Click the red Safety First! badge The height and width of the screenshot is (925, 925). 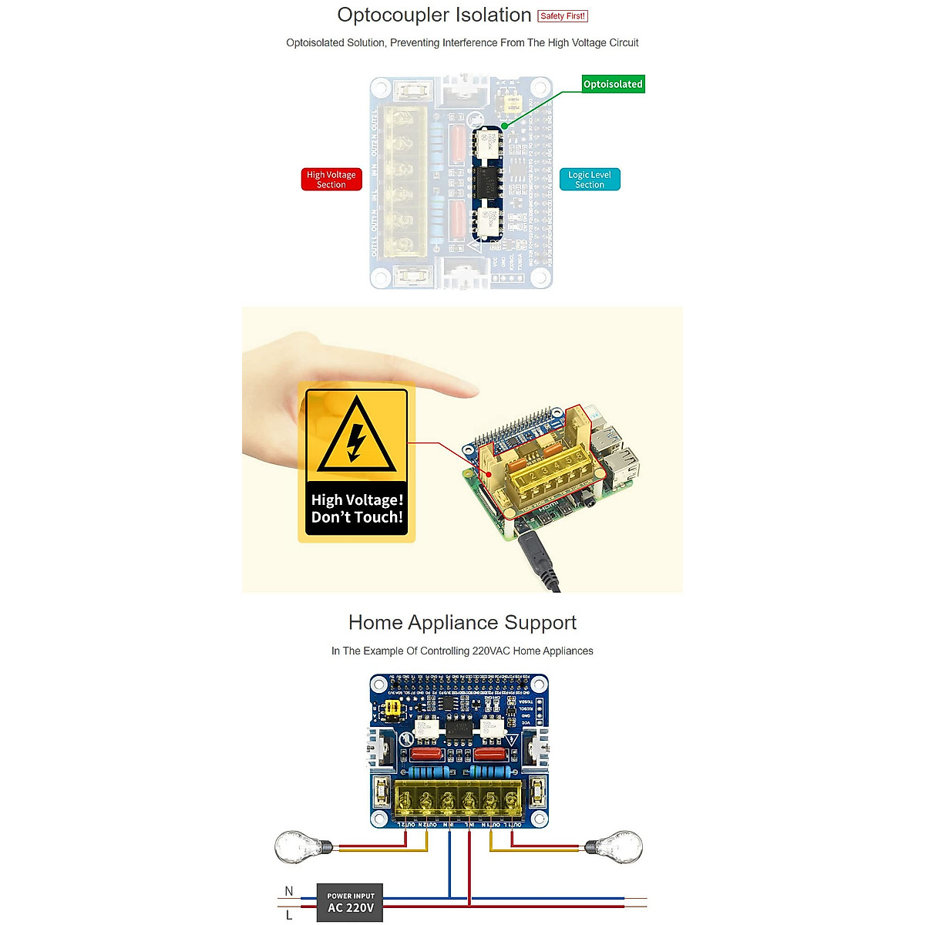click(x=563, y=16)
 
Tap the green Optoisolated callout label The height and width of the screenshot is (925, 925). click(x=613, y=84)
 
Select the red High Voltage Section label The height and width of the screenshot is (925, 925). click(x=331, y=180)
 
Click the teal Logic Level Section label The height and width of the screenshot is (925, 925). click(x=590, y=180)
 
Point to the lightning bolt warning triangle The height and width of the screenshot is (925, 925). click(x=356, y=436)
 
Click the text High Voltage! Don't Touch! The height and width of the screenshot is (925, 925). click(x=357, y=509)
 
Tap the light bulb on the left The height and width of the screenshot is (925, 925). click(x=301, y=846)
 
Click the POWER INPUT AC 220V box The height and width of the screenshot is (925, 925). click(x=350, y=903)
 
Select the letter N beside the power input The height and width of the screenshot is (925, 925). click(x=289, y=891)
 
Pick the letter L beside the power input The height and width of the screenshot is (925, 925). click(x=289, y=915)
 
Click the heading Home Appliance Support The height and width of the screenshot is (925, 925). click(x=462, y=623)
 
